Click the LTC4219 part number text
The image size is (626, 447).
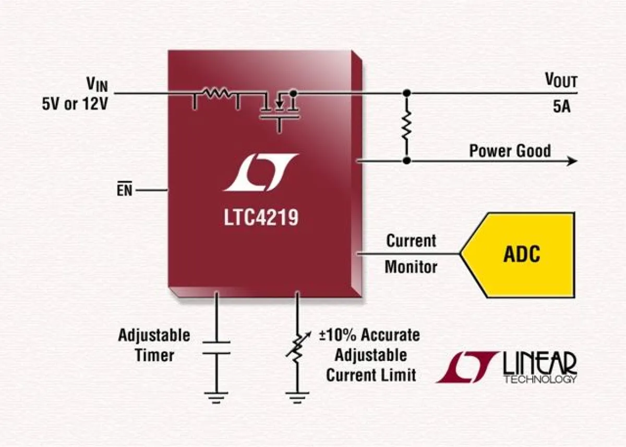click(261, 218)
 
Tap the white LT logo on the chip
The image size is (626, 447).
click(261, 172)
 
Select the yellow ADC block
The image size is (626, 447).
click(521, 255)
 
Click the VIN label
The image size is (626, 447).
click(97, 83)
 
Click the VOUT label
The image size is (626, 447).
click(561, 80)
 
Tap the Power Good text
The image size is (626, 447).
click(510, 151)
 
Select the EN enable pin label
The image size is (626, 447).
click(124, 191)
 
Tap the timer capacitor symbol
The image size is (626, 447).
click(215, 348)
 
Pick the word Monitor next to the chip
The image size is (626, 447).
click(411, 267)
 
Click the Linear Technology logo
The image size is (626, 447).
click(507, 367)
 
